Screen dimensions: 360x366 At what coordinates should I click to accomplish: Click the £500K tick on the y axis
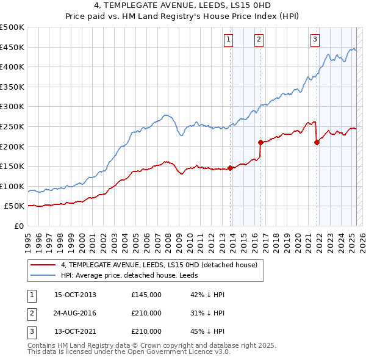click(12, 27)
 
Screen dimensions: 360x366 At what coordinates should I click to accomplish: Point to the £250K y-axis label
click(12, 127)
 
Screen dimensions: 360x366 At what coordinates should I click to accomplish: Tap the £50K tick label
click(14, 206)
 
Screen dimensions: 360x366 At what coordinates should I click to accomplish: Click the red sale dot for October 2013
click(230, 168)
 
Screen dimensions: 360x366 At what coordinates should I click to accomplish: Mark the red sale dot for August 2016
click(260, 142)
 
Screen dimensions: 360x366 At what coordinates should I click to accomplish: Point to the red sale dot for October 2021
click(317, 143)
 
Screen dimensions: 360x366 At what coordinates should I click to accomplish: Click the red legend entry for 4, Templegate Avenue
click(159, 265)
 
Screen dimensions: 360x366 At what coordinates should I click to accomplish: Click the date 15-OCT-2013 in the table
click(76, 295)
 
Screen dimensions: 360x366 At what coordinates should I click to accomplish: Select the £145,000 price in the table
click(146, 295)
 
